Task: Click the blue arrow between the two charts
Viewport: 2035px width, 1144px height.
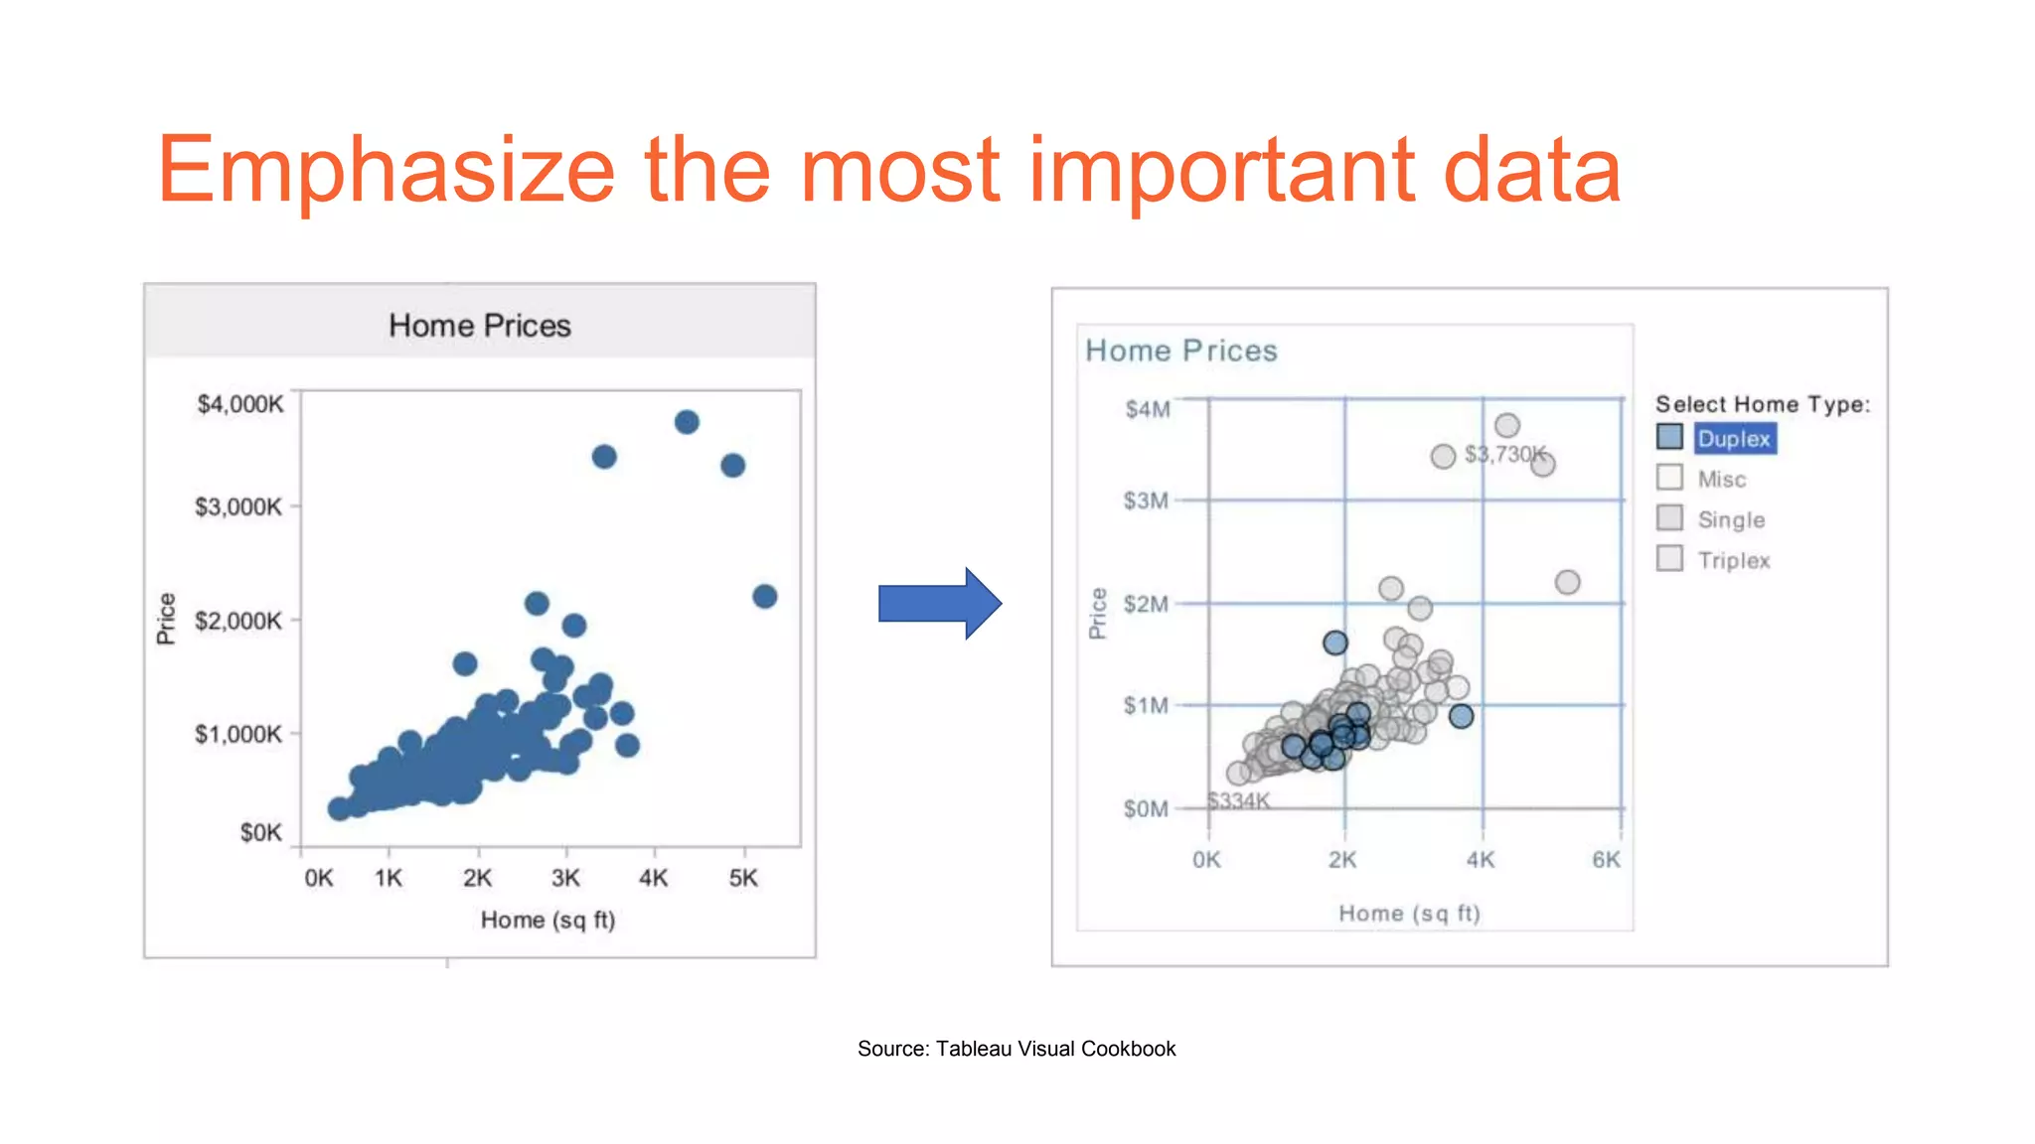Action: (x=938, y=603)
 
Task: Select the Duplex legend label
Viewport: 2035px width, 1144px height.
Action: (x=1734, y=439)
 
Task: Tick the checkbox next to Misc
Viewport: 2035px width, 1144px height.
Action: (x=1669, y=478)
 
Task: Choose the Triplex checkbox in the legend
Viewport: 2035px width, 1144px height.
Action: (x=1669, y=558)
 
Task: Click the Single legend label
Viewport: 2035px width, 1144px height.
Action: (x=1731, y=519)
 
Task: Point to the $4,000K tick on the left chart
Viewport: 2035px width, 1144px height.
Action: (x=239, y=404)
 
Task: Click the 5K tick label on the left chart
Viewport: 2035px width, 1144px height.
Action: (x=742, y=878)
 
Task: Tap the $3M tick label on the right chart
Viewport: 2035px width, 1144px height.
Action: (x=1146, y=500)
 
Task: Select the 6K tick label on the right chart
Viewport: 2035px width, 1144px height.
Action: (x=1606, y=859)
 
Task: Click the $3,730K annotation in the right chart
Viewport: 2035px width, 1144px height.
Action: (x=1504, y=455)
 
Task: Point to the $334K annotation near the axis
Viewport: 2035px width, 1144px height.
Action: (x=1238, y=800)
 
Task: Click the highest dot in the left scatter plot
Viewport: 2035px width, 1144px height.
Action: (x=687, y=422)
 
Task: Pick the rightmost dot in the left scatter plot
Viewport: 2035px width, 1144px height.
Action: (x=764, y=596)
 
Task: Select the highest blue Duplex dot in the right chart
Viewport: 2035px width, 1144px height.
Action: (x=1335, y=643)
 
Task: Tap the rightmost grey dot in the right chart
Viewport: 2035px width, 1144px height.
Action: (x=1567, y=582)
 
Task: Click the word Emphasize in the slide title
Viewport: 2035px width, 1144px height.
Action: (x=386, y=170)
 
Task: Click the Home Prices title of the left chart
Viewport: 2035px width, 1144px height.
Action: (x=479, y=326)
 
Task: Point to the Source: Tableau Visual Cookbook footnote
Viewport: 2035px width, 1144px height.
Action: (x=1017, y=1049)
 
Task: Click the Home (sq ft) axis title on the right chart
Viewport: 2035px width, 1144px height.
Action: (x=1409, y=914)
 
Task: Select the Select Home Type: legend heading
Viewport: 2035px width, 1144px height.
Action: (x=1762, y=404)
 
